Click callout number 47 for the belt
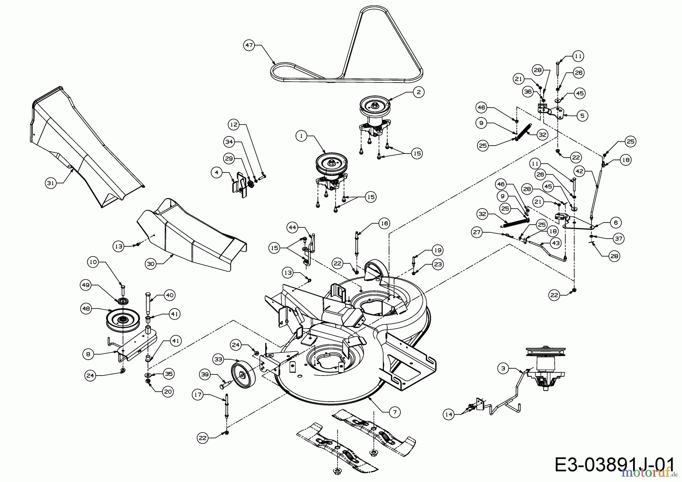click(249, 45)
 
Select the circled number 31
click(50, 183)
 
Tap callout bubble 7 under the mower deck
click(394, 412)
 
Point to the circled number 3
click(503, 368)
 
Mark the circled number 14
click(449, 415)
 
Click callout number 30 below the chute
click(151, 264)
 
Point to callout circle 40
click(169, 295)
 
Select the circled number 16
click(384, 224)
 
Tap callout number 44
click(292, 227)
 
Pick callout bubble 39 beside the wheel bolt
click(205, 374)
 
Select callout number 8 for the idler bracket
click(88, 354)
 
